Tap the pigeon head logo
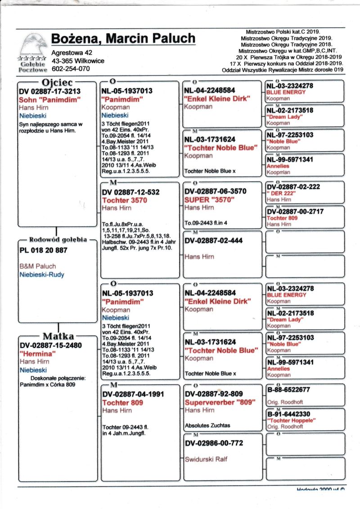(x=32, y=45)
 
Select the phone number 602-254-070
(x=71, y=69)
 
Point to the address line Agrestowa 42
(x=72, y=53)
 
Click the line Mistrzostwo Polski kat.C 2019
(x=283, y=32)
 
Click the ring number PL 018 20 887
(x=43, y=250)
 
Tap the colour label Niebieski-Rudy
(x=41, y=274)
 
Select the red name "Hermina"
(x=37, y=354)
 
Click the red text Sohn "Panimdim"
(x=49, y=99)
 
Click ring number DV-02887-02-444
(x=213, y=241)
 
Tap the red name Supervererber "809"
(x=220, y=402)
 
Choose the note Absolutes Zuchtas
(x=207, y=425)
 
